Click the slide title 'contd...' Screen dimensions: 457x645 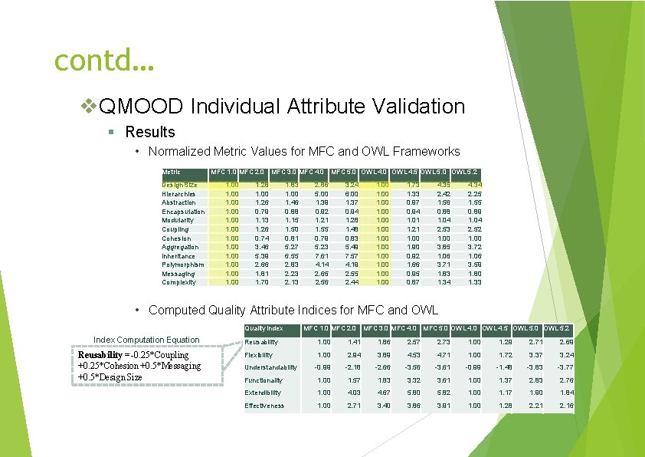coord(105,59)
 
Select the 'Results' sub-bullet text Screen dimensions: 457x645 coord(150,132)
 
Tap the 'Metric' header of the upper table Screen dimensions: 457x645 coord(172,171)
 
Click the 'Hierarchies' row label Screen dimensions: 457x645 coord(179,194)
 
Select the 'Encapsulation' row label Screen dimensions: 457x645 coord(183,212)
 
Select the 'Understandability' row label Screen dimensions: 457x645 coord(270,367)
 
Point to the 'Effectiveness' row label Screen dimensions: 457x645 coord(264,406)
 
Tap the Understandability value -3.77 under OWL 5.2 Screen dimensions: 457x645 coord(565,367)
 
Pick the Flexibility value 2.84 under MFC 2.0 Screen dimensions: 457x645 coord(354,355)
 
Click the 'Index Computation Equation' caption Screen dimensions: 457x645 coord(146,340)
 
